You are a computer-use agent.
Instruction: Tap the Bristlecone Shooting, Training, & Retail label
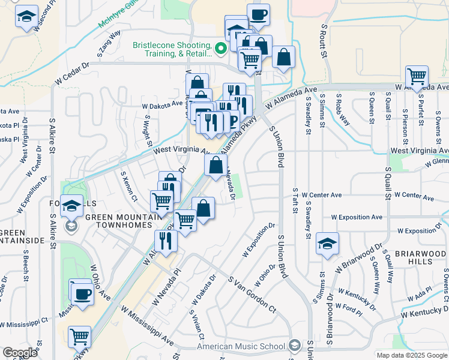click(172, 50)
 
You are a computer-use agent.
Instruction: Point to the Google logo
click(20, 353)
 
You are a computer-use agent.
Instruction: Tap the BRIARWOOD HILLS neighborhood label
click(421, 257)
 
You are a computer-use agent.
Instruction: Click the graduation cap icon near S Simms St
click(327, 244)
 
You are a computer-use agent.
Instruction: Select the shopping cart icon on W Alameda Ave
click(417, 76)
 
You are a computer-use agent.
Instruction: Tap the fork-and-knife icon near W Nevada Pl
click(164, 241)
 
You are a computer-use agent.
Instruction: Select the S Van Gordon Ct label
click(252, 293)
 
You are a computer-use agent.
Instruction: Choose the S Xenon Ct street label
click(130, 187)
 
